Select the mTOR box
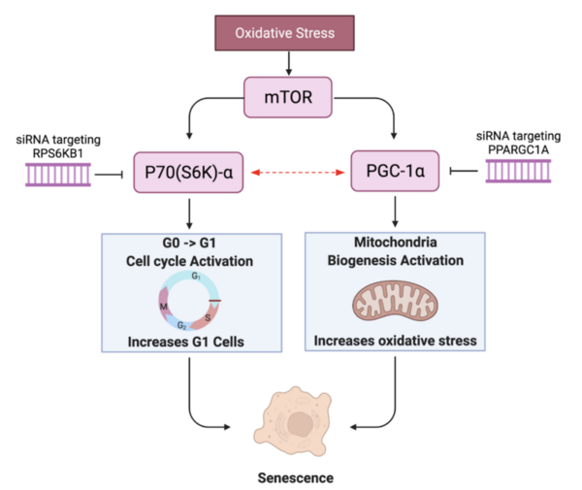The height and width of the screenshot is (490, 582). tap(287, 98)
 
